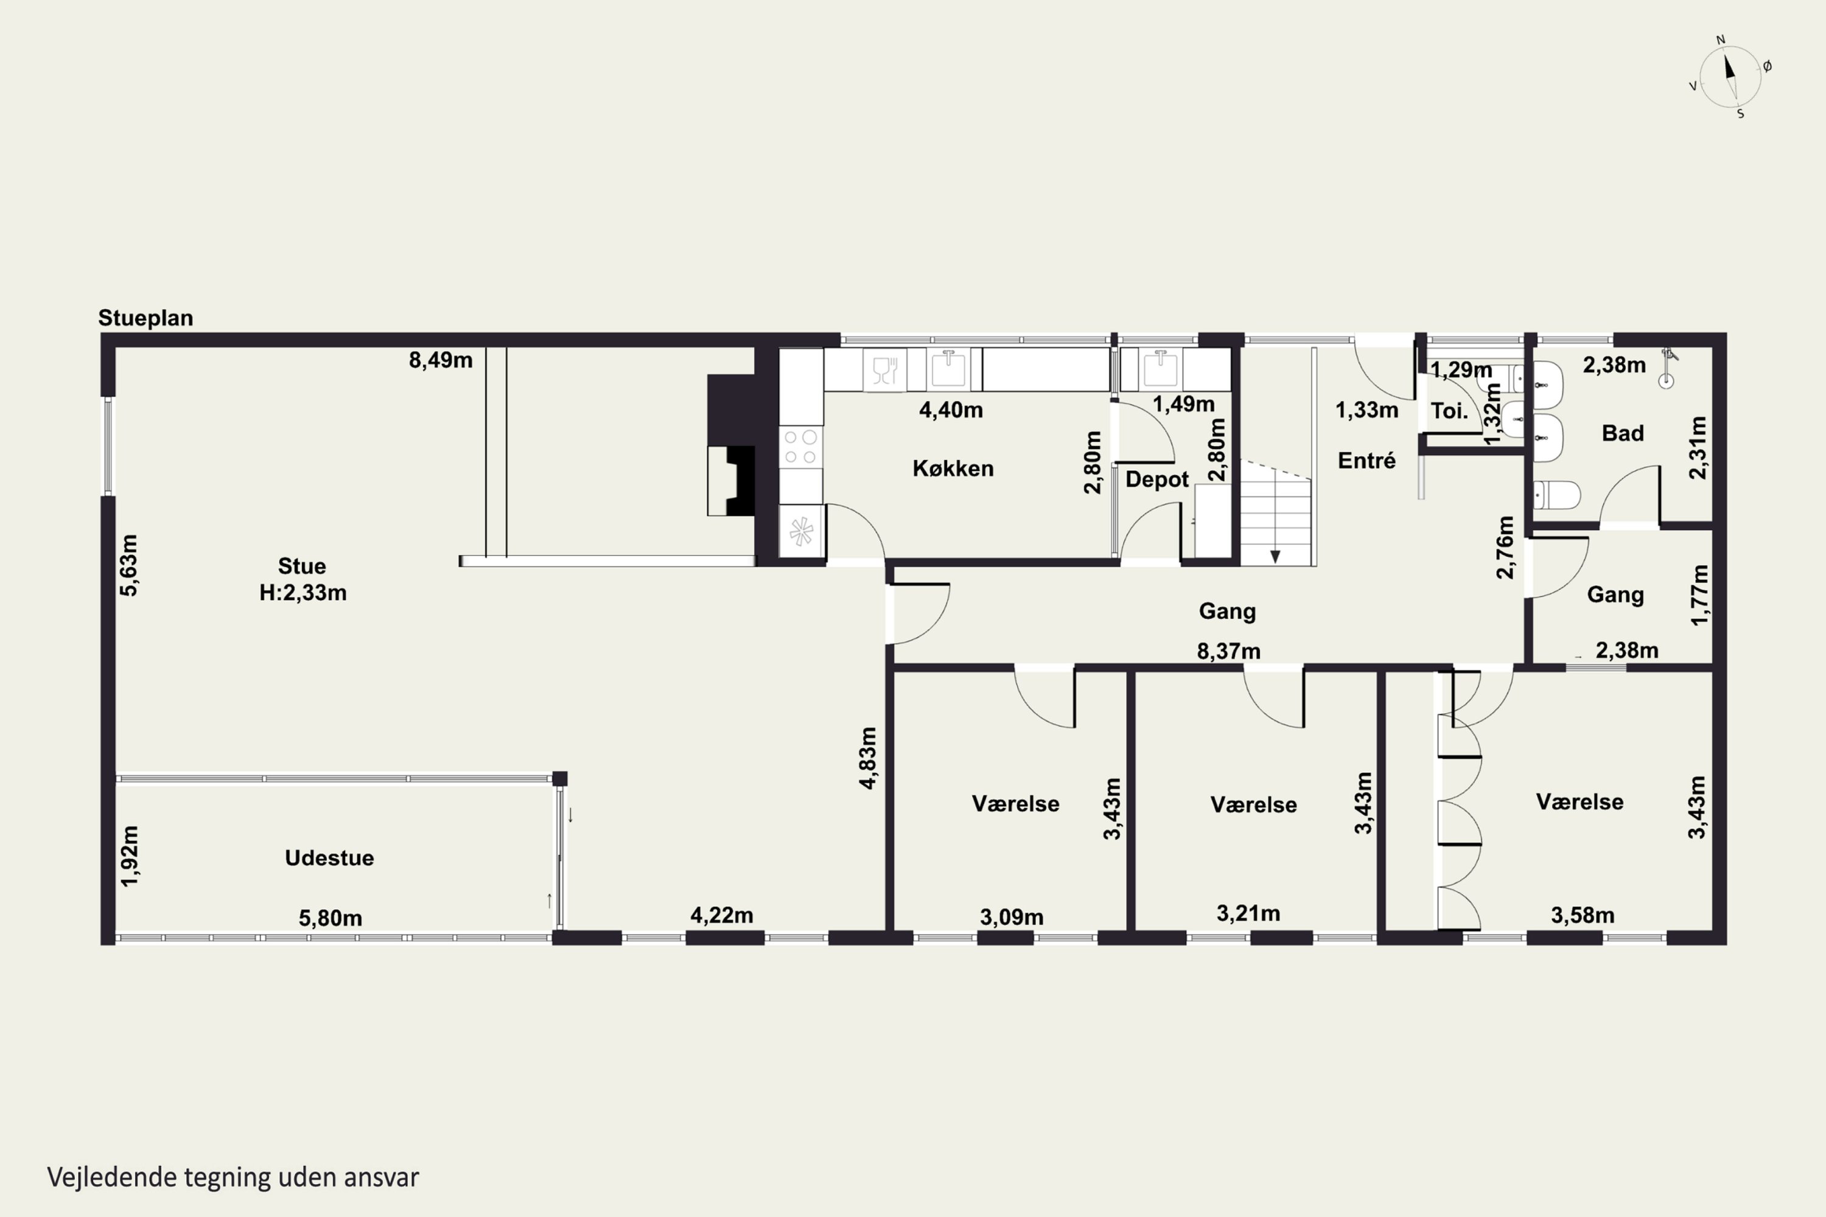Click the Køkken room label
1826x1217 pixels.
pos(953,469)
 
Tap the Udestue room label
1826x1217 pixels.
pos(329,857)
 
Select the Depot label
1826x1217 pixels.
pos(1157,479)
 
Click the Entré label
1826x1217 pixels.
pos(1366,461)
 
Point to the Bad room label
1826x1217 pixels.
pos(1623,433)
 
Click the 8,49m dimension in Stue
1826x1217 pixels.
pos(441,361)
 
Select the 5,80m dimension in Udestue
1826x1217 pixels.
pos(331,919)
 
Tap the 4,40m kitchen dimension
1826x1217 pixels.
pos(951,410)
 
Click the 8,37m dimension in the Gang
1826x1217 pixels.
pos(1228,651)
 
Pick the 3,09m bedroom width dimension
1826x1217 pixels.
pos(1012,918)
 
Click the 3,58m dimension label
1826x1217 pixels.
pos(1582,916)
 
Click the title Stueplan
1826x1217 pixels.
pos(145,318)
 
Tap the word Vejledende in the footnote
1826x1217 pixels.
pos(112,1177)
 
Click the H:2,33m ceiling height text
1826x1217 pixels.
pos(303,593)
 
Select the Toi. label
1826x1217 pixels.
pos(1449,411)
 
